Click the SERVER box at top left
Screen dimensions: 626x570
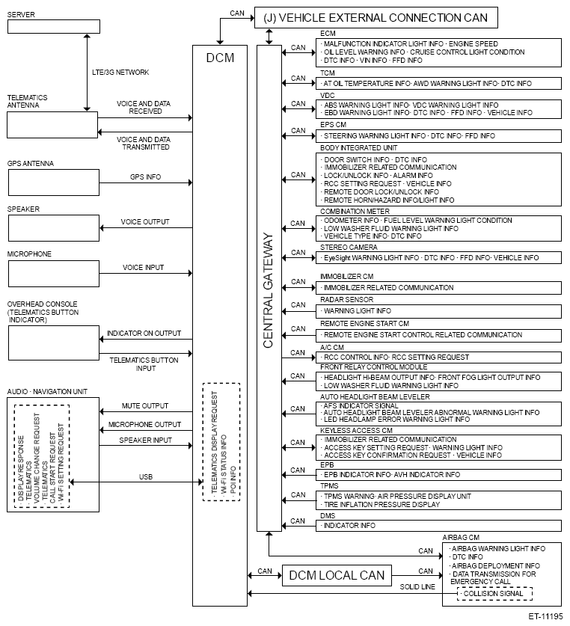[53, 27]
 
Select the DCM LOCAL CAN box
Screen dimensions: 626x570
[337, 575]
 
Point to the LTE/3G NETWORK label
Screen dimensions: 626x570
[120, 72]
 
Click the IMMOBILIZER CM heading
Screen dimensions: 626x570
[343, 277]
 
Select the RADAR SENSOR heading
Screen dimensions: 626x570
[341, 299]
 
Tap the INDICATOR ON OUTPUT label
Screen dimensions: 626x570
[144, 334]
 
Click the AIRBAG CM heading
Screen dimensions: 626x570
[461, 537]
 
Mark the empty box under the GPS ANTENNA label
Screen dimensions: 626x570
[53, 182]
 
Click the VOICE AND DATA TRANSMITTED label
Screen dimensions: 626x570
[144, 144]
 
